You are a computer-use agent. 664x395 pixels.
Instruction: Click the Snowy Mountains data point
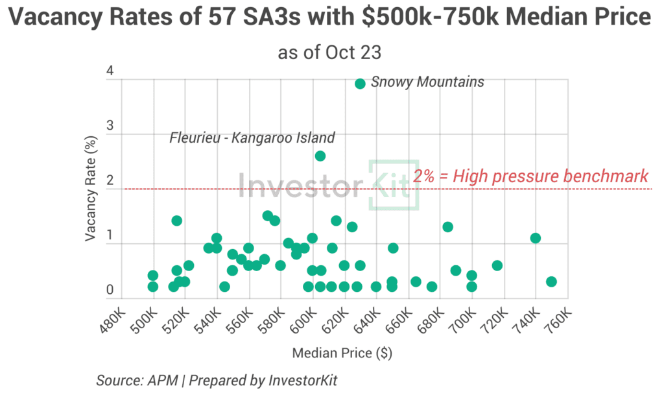point(360,83)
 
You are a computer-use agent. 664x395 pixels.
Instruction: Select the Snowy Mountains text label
point(427,82)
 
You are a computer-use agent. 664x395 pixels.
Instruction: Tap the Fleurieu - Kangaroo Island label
point(252,138)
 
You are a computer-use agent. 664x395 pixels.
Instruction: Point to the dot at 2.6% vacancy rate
point(320,156)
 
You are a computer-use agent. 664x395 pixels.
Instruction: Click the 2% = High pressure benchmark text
point(531,175)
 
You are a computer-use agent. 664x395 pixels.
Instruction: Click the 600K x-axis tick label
point(301,320)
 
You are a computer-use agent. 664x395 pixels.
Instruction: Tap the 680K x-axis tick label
point(429,320)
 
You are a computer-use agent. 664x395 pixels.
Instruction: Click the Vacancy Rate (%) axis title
point(91,187)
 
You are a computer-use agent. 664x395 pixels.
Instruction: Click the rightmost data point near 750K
point(551,281)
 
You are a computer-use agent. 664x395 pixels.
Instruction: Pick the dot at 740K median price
point(535,238)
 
